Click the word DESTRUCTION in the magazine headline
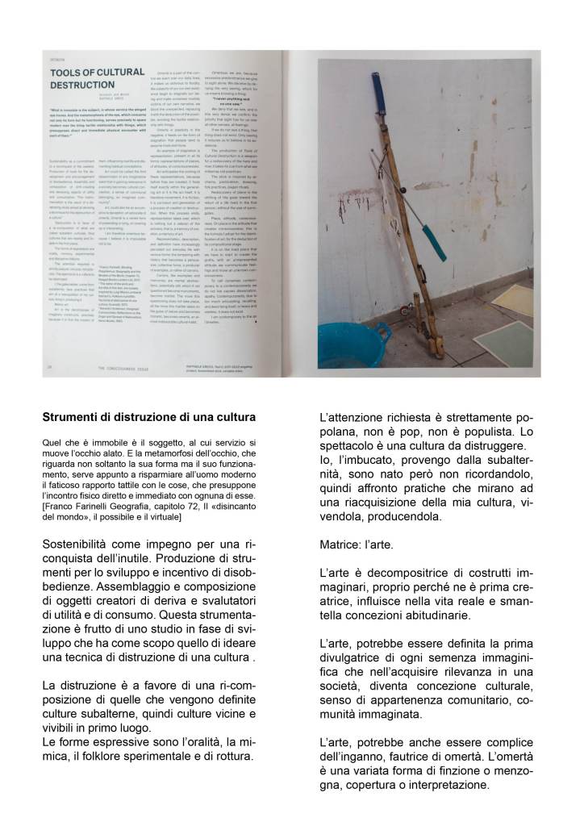(x=84, y=84)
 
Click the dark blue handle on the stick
(x=378, y=90)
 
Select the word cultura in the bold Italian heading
(x=233, y=418)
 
